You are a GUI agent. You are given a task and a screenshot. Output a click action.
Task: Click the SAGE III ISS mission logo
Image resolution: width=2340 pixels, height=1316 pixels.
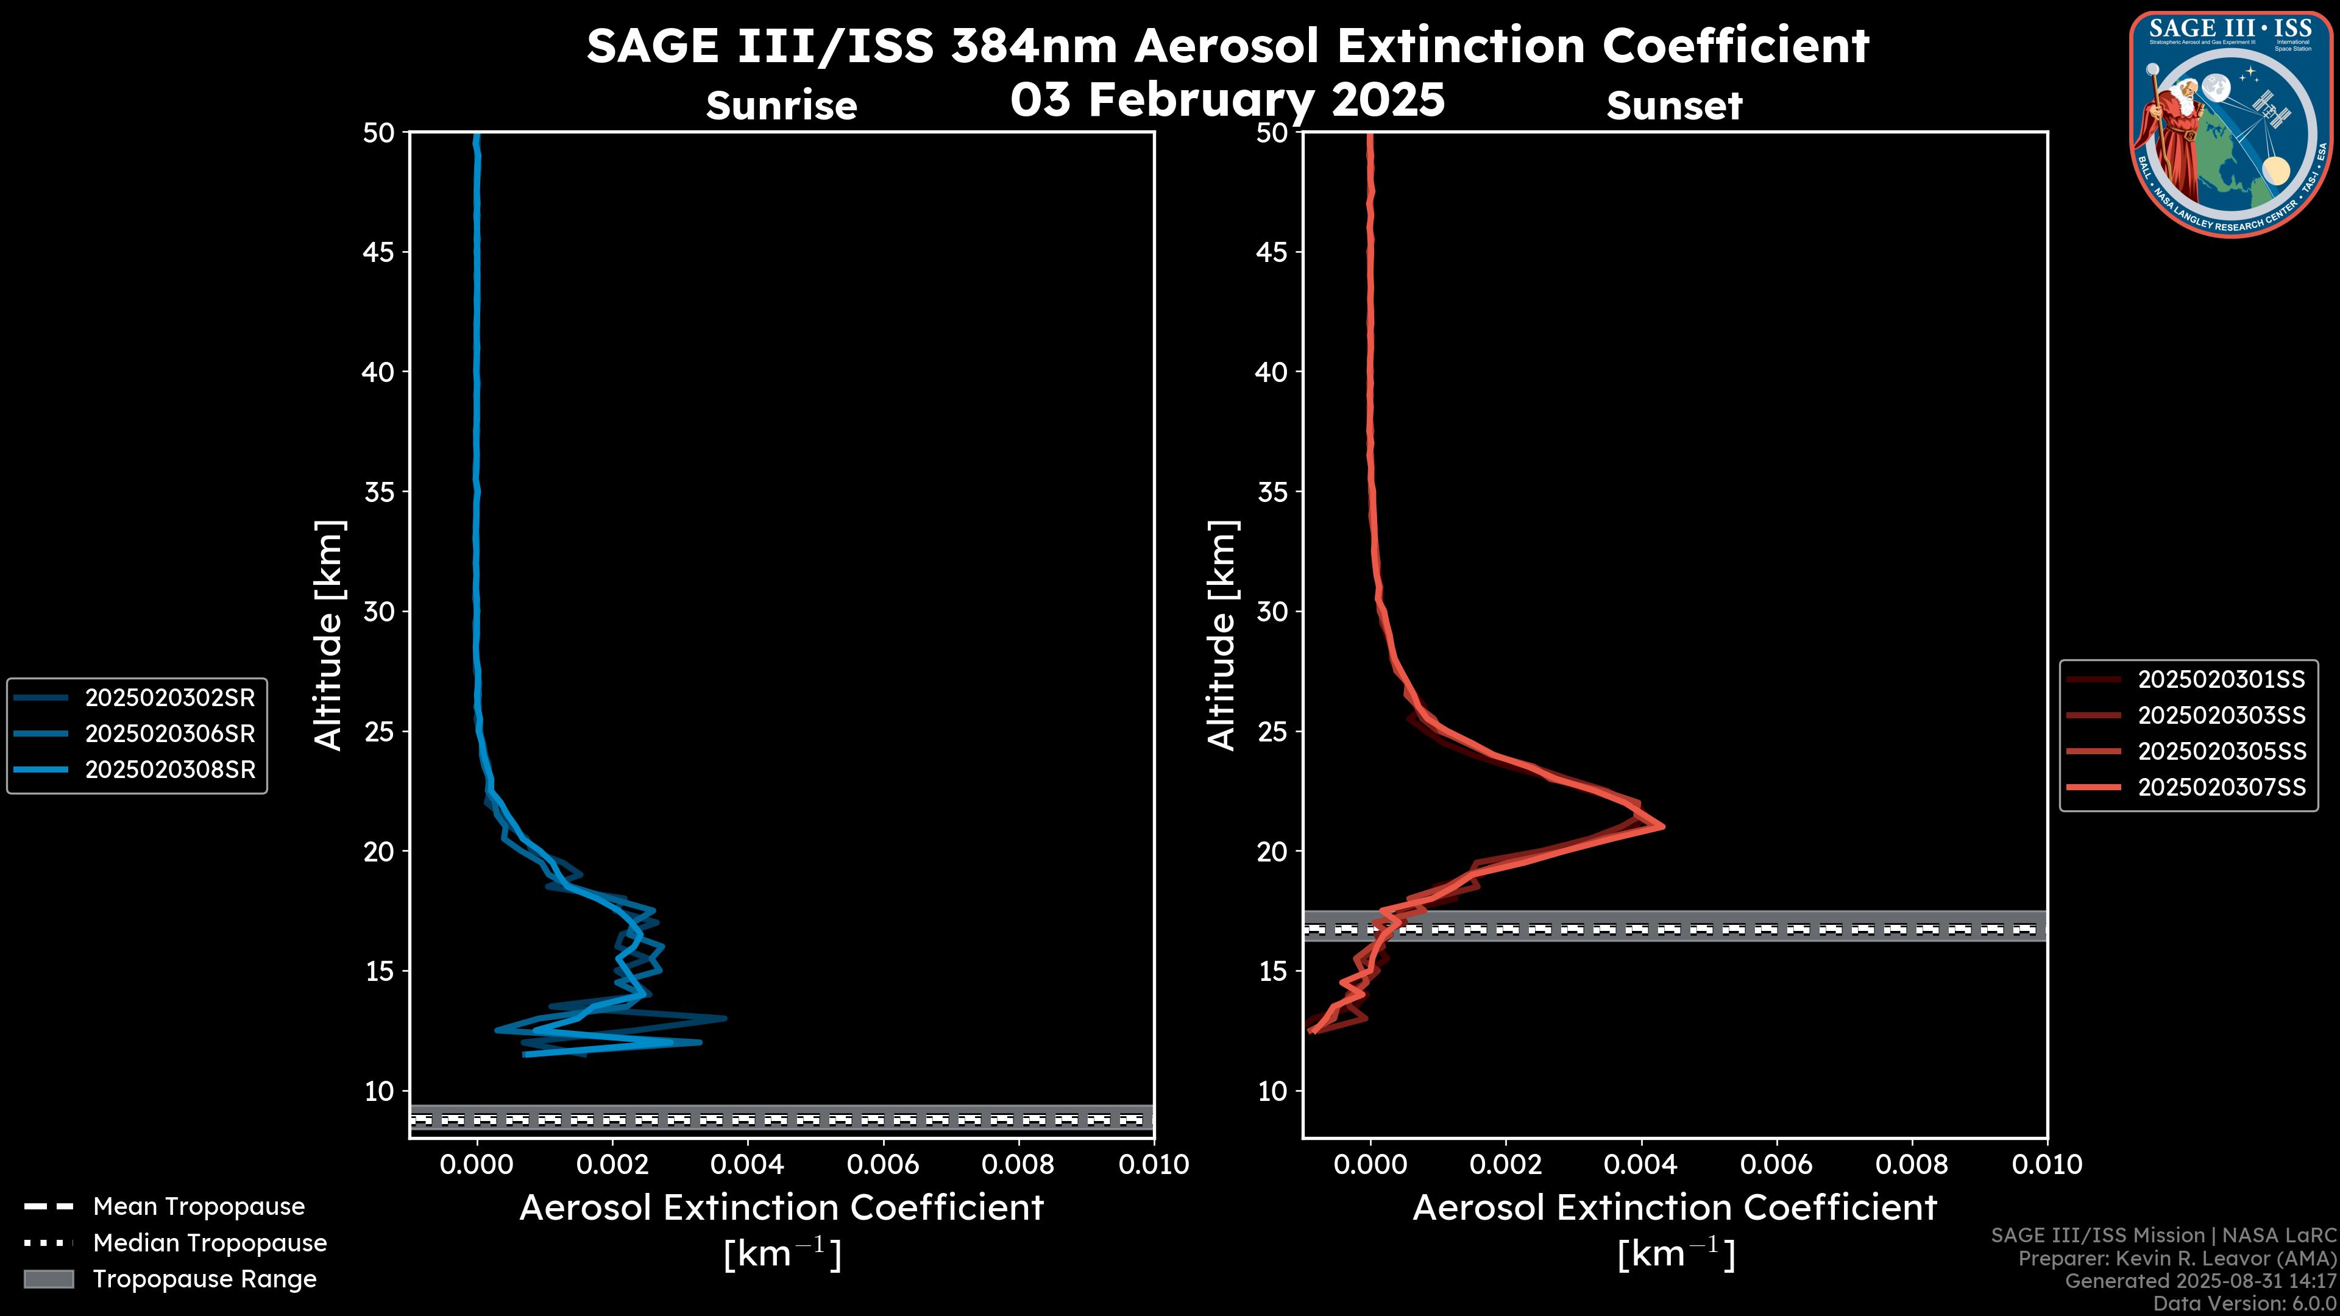click(x=2232, y=124)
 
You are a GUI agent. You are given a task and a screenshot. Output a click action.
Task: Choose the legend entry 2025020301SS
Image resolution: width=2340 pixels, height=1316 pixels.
click(x=2221, y=679)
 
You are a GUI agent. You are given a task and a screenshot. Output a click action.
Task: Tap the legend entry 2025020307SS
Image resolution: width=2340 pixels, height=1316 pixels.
click(x=2221, y=787)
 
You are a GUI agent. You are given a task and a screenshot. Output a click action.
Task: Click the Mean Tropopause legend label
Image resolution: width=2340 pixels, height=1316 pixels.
click(x=199, y=1206)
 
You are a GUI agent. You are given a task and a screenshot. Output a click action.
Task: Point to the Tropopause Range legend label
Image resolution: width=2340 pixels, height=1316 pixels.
click(x=204, y=1279)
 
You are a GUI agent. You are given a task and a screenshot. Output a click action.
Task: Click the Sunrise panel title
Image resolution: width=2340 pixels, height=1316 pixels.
click(x=781, y=106)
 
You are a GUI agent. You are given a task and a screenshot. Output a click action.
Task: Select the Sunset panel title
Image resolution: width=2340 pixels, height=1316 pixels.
click(x=1674, y=106)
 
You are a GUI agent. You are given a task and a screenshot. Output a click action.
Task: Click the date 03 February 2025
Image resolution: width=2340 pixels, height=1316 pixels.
click(x=1227, y=99)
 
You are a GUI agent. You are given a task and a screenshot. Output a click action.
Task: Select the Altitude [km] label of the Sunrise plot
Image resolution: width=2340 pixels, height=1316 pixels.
click(x=328, y=635)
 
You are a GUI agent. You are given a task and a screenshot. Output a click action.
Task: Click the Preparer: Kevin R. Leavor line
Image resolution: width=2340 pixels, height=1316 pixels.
click(x=2177, y=1258)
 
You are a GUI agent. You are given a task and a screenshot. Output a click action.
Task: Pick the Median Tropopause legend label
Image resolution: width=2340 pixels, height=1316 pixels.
click(x=210, y=1242)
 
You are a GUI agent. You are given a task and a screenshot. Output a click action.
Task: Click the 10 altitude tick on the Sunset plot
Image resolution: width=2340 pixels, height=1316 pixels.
click(x=1272, y=1091)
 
